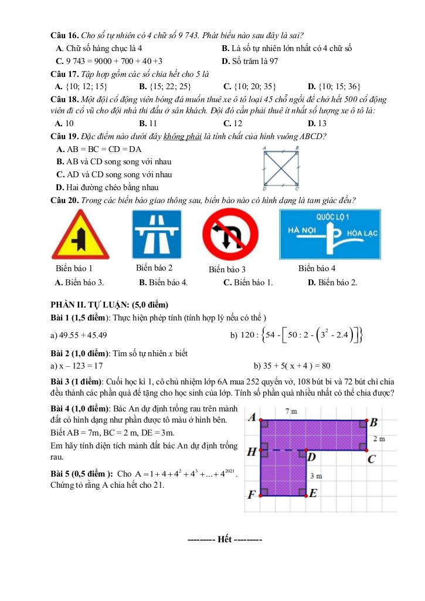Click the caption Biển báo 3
tap(227, 269)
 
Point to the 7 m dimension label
tap(291, 412)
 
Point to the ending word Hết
tap(225, 539)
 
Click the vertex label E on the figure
tap(313, 493)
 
